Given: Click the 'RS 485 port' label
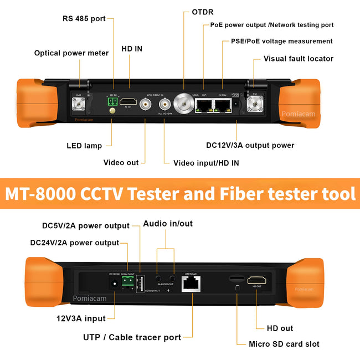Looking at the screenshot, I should [84, 19].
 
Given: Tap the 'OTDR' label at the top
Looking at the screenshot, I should [203, 12].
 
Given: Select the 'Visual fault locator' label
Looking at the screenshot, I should [299, 59].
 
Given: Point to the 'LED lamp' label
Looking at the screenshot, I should [84, 146].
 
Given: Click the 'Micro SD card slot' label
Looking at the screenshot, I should [284, 344].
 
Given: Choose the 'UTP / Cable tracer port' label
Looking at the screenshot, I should [132, 337].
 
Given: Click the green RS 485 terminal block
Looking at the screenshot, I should [113, 101].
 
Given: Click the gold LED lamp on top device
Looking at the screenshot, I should [112, 111].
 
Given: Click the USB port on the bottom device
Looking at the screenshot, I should [140, 283].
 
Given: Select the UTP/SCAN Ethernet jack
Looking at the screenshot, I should [190, 283].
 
